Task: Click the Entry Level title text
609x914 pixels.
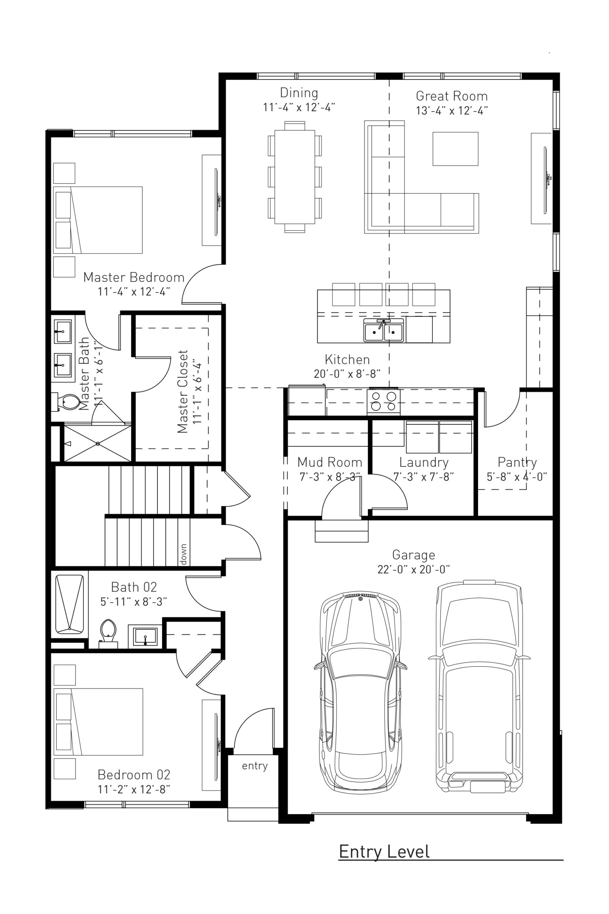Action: click(384, 852)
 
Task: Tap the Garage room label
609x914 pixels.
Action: click(413, 554)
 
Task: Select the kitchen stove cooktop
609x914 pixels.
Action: click(383, 401)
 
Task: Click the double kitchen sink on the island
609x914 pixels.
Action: click(383, 331)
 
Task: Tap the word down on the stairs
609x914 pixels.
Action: click(183, 554)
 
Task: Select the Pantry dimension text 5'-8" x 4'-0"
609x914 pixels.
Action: click(517, 477)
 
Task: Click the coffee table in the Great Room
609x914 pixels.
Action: click(455, 149)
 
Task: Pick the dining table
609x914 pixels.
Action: click(294, 177)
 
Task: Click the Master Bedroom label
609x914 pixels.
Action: click(133, 277)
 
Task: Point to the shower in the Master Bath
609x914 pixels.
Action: click(97, 443)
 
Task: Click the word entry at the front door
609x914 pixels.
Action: click(254, 765)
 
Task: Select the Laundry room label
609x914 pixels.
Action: click(424, 462)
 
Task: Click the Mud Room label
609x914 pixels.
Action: click(329, 462)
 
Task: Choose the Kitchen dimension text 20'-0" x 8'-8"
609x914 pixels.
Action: click(347, 374)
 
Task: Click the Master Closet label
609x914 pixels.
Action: click(183, 391)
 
